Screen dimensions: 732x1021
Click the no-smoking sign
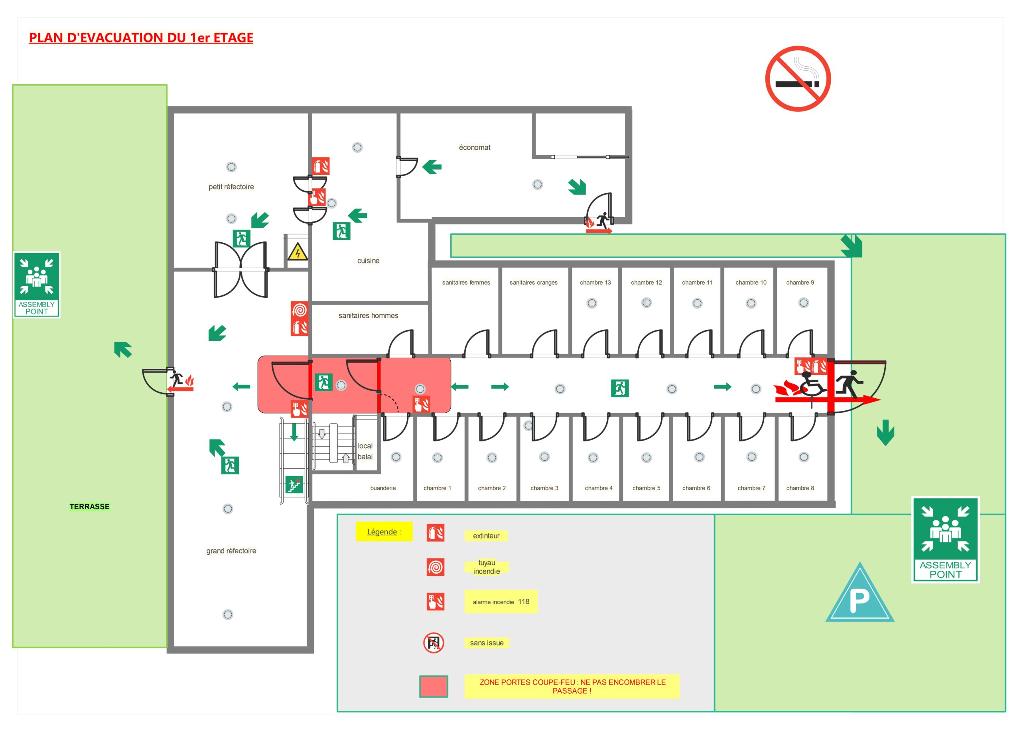click(x=798, y=79)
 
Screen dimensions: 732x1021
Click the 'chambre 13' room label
click(x=595, y=283)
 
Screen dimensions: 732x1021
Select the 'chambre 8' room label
click(x=800, y=488)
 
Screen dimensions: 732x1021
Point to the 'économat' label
click(x=475, y=148)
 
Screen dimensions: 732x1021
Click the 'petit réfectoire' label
click(x=231, y=187)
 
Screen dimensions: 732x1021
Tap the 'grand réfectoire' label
click(x=231, y=551)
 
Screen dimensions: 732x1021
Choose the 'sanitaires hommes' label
click(x=368, y=316)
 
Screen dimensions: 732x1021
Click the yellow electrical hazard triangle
click(x=297, y=252)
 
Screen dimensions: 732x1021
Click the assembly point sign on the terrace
click(x=36, y=285)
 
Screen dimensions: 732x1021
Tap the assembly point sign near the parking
click(x=945, y=540)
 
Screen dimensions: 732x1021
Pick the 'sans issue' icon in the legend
click(x=434, y=643)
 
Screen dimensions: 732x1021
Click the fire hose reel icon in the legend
click(x=435, y=567)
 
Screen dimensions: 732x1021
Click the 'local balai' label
click(x=365, y=451)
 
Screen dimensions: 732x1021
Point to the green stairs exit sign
click(x=294, y=485)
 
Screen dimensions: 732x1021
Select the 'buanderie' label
click(x=382, y=488)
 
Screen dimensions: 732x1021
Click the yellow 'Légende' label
click(x=384, y=532)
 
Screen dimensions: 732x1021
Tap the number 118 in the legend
click(x=524, y=602)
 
